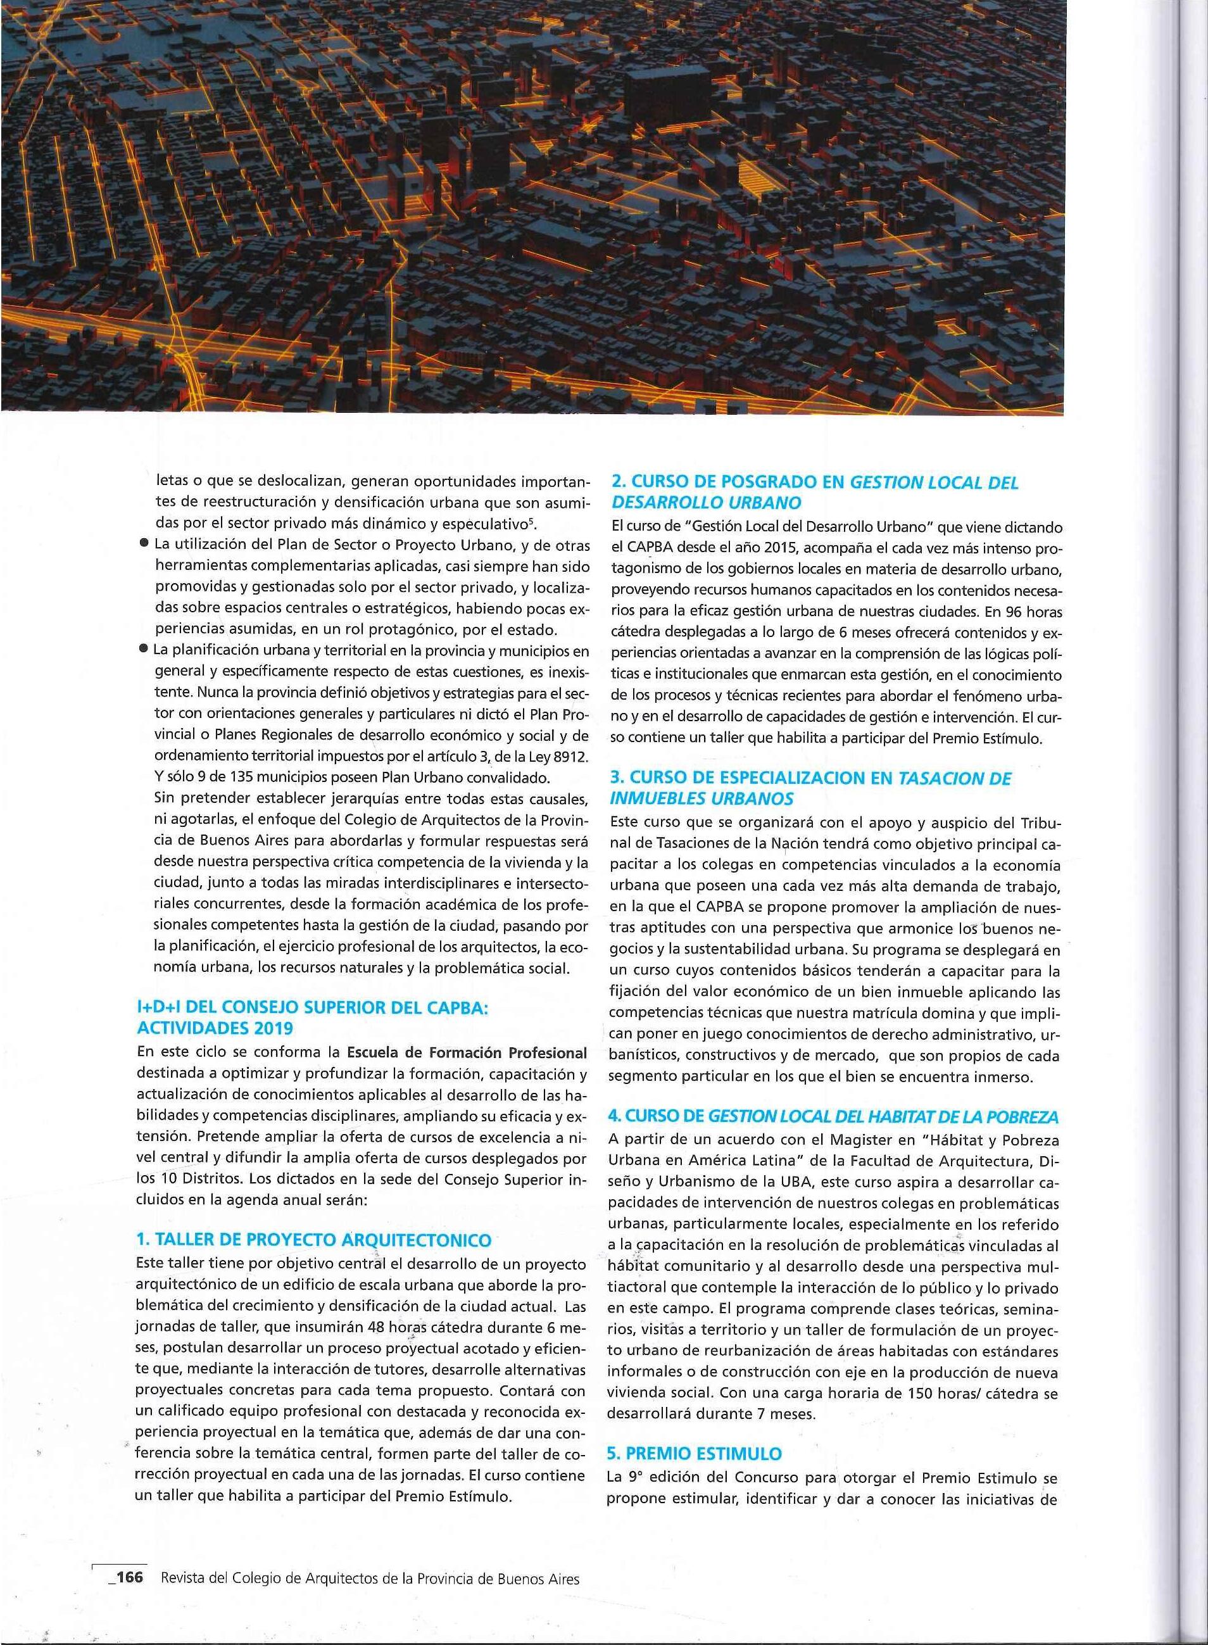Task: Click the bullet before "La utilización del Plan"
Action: pyautogui.click(x=146, y=545)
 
